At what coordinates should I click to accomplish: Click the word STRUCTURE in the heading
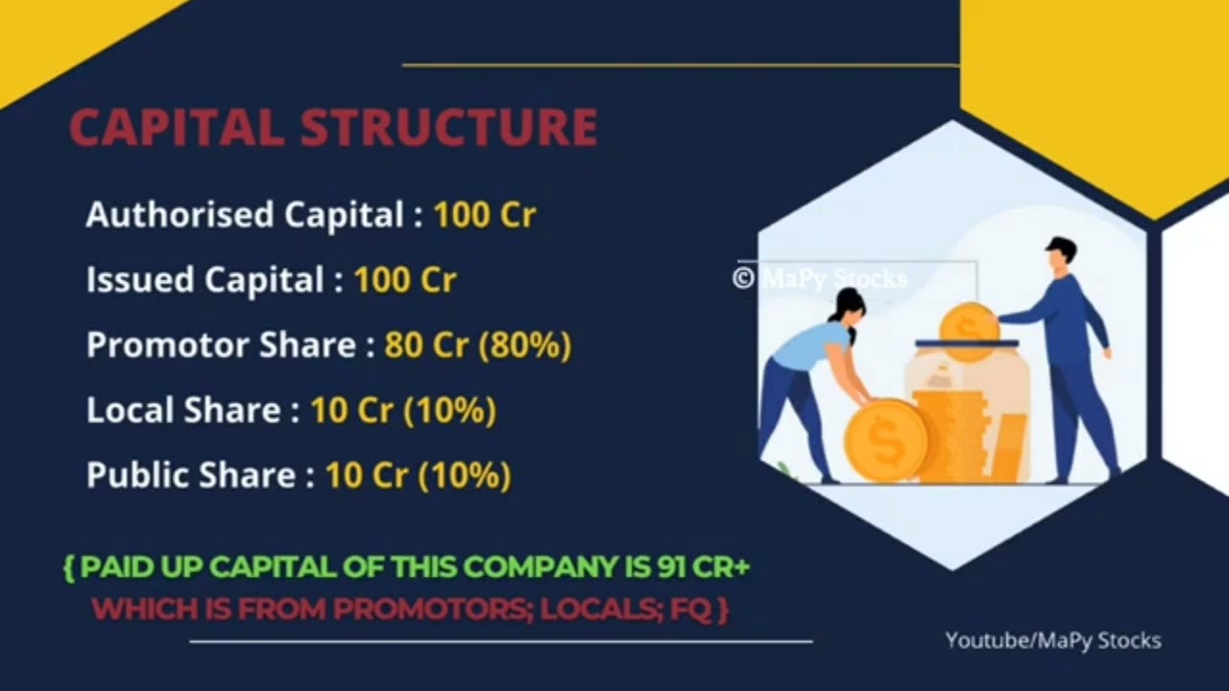click(448, 128)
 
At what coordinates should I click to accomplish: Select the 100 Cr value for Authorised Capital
click(484, 214)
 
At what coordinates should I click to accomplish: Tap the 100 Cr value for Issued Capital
click(404, 279)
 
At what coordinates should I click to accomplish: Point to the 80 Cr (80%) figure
click(477, 345)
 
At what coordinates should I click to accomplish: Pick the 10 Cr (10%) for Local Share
click(403, 410)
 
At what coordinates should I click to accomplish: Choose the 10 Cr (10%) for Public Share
click(418, 475)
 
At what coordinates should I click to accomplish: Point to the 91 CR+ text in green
click(703, 567)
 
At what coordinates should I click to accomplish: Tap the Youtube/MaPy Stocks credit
click(1052, 640)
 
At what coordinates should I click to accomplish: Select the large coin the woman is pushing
click(885, 439)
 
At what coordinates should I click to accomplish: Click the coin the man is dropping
click(968, 328)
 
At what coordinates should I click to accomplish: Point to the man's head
click(1059, 254)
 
